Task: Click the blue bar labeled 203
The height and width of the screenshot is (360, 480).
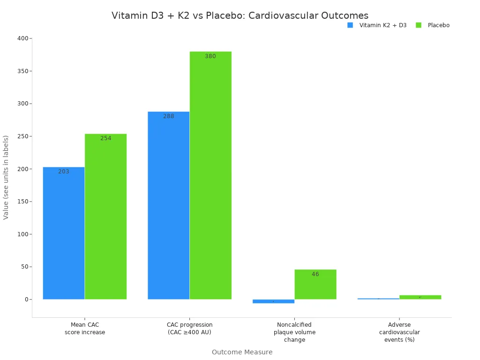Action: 64,233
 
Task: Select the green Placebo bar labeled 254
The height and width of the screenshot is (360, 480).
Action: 105,217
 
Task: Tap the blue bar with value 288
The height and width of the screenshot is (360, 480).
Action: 168,205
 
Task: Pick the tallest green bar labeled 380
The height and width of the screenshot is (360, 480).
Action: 210,175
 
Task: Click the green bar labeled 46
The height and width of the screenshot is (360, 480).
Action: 315,285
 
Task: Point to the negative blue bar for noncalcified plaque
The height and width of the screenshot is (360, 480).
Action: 273,301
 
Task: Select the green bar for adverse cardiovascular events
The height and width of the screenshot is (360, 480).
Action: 420,297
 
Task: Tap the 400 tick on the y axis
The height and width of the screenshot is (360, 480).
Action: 22,38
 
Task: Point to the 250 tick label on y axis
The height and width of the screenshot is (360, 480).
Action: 22,136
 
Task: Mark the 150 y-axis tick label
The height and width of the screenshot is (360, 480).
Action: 22,202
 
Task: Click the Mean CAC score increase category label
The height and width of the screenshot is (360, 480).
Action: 85,329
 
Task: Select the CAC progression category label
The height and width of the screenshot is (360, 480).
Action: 189,329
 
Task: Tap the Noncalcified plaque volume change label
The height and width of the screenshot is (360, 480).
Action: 294,332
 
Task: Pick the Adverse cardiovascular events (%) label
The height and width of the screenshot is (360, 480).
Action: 399,332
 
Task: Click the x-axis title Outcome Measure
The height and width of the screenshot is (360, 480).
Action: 242,352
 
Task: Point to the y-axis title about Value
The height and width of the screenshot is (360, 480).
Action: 6,177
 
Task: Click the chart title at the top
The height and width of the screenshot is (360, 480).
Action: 240,15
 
